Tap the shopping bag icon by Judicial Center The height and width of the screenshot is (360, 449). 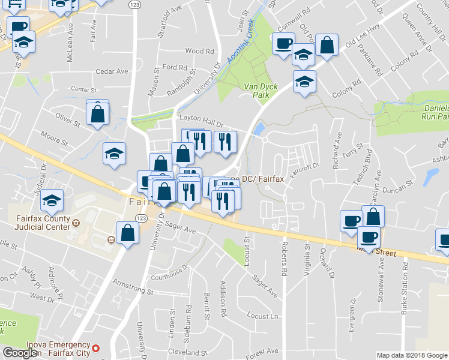[127, 232]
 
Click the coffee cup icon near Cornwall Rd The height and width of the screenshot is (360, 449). [283, 43]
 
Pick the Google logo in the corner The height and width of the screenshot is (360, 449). [20, 353]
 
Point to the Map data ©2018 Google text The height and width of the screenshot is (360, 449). [412, 355]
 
